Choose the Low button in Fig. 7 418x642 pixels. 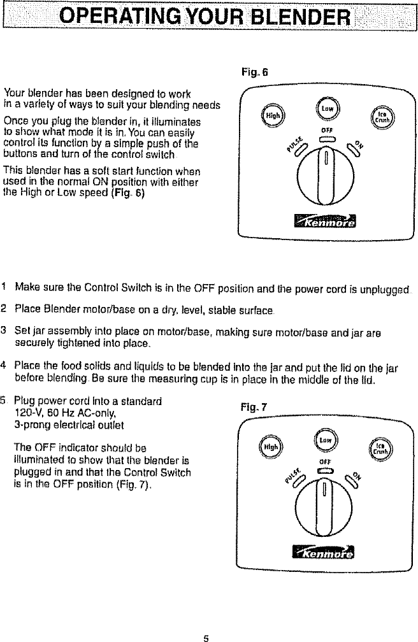pyautogui.click(x=325, y=439)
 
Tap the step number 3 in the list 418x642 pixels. pyautogui.click(x=4, y=329)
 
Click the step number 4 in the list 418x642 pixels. pyautogui.click(x=4, y=364)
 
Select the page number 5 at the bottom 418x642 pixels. pyautogui.click(x=206, y=636)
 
